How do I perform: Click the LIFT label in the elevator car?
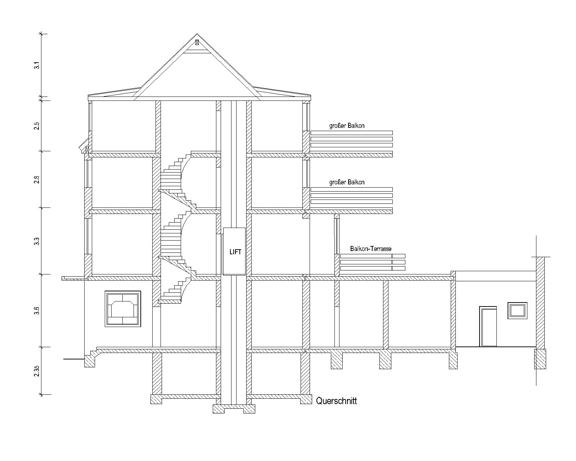point(235,252)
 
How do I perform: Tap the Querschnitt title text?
point(337,401)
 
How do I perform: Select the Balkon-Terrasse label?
point(371,249)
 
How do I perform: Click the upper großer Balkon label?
point(347,125)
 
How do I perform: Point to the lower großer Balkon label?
point(347,182)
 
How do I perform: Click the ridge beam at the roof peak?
point(197,42)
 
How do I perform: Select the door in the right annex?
point(488,327)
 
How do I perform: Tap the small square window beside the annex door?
point(517,311)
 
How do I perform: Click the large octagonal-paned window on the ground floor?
point(123,309)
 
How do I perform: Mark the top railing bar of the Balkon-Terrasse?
point(373,256)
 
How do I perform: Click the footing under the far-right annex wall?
point(540,359)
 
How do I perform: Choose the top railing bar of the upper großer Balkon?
point(352,133)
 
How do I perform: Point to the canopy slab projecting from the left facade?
point(75,278)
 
